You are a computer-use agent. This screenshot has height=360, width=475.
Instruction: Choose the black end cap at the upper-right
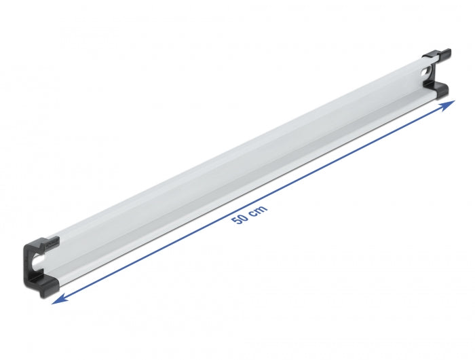coord(436,75)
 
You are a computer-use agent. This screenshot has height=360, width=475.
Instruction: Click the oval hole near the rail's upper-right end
coord(426,71)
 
